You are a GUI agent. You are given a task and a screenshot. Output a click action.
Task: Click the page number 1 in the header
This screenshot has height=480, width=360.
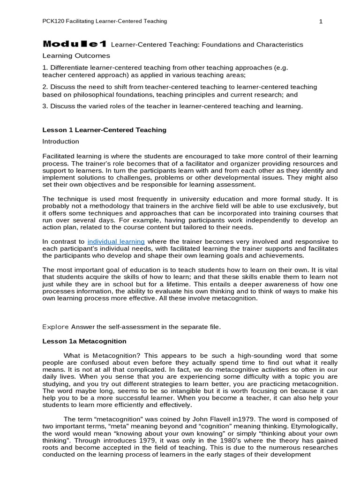tap(321, 22)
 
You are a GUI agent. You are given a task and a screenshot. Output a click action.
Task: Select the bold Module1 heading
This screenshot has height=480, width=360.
tap(75, 45)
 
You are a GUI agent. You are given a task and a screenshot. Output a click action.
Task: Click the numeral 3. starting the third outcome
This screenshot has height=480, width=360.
tap(45, 106)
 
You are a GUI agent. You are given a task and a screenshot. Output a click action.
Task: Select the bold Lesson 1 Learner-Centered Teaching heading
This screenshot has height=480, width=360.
tap(104, 130)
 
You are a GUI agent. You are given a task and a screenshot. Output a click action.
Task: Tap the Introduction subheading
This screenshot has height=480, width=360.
tap(60, 141)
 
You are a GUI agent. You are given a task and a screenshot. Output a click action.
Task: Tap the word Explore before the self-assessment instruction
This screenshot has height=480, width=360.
tap(55, 326)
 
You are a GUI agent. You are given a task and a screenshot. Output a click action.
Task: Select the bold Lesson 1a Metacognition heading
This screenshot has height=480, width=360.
tap(84, 341)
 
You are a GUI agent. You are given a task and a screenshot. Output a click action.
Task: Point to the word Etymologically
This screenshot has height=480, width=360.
tap(314, 426)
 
